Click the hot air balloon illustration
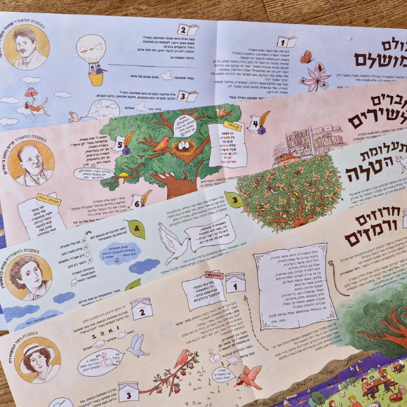coord(93,57)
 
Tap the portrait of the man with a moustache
coord(27,47)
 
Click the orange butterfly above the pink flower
coord(307,57)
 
